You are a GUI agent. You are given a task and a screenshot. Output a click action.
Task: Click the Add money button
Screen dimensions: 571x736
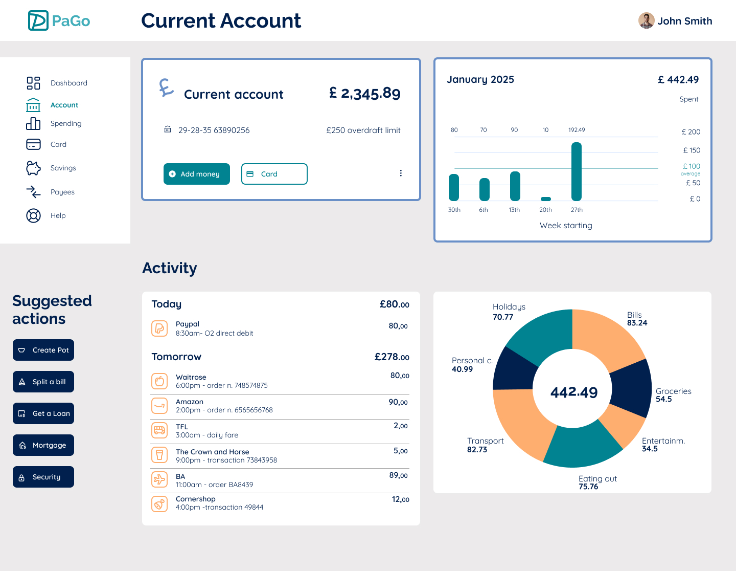click(x=197, y=174)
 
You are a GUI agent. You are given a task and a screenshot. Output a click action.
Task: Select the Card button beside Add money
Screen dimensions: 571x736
click(x=274, y=174)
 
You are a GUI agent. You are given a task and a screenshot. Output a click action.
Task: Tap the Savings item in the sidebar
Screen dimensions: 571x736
click(x=63, y=168)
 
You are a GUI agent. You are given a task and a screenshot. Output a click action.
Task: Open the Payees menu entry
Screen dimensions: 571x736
click(x=62, y=192)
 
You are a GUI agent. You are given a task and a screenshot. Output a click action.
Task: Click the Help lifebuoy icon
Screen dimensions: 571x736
click(x=33, y=215)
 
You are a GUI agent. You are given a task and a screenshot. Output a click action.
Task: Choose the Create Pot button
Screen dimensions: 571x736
click(x=43, y=350)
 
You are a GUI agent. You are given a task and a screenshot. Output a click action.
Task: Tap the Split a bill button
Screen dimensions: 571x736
click(x=43, y=382)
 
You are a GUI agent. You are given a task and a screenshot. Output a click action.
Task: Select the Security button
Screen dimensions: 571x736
click(x=43, y=477)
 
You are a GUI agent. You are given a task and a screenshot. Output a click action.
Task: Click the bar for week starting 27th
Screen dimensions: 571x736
click(x=577, y=171)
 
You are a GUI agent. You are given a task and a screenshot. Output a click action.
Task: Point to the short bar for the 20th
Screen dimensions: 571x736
click(x=546, y=199)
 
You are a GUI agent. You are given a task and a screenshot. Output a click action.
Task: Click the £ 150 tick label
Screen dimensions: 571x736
click(x=692, y=150)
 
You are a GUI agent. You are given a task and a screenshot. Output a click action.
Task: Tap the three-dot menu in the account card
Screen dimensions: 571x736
click(x=401, y=173)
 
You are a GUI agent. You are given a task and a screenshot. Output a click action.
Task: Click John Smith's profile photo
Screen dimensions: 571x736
click(x=647, y=20)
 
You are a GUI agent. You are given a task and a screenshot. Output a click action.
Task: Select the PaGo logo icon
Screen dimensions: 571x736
click(x=38, y=20)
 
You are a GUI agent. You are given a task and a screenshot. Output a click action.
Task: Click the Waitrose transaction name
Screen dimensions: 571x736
click(x=191, y=377)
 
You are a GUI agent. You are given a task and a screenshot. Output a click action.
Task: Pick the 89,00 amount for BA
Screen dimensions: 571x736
click(x=399, y=475)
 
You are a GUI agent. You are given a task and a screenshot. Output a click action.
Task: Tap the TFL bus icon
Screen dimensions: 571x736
click(x=159, y=430)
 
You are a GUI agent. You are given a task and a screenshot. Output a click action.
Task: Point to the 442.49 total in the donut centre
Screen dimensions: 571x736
click(x=574, y=392)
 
